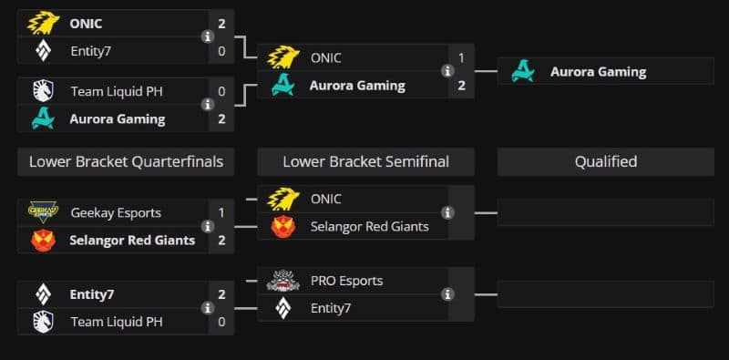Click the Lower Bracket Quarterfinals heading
(126, 162)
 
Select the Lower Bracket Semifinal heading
(366, 162)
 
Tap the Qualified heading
(606, 162)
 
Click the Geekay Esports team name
(116, 213)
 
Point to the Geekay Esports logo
(43, 212)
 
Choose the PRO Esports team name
(347, 281)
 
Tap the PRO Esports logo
(282, 281)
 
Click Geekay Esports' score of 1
(221, 213)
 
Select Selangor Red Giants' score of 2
(221, 240)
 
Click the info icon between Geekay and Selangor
(208, 227)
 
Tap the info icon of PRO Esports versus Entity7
(447, 294)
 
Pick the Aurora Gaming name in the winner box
(599, 72)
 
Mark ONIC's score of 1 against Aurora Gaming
(461, 58)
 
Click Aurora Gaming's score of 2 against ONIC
(461, 86)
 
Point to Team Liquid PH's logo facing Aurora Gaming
(43, 91)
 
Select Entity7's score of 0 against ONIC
(221, 51)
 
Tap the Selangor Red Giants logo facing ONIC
(283, 227)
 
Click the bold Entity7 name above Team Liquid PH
(92, 294)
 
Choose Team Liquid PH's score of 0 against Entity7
(221, 322)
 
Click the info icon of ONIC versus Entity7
(208, 36)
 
